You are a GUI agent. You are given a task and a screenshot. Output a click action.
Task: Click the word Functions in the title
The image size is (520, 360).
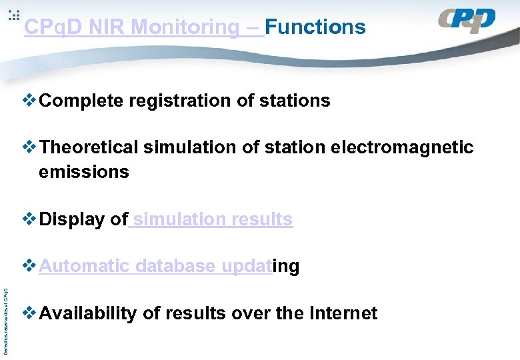tap(315, 27)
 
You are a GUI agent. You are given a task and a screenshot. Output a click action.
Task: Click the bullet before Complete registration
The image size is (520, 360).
tap(30, 101)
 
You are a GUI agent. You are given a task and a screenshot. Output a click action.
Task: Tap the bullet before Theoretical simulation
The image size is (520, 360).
tap(30, 147)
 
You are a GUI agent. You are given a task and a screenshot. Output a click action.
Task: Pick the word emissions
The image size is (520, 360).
tap(84, 172)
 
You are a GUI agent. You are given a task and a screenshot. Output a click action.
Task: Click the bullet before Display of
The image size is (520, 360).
tap(30, 219)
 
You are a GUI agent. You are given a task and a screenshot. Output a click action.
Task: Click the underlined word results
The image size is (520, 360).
tap(262, 219)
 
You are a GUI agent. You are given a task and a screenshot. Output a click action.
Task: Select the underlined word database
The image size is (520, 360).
tap(175, 267)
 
